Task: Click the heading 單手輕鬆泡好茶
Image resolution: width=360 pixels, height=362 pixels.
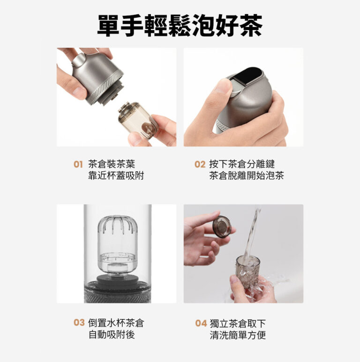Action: coord(180,25)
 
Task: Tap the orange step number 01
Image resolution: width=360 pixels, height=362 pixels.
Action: coord(78,165)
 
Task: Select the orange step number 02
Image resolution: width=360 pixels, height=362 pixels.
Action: coord(200,165)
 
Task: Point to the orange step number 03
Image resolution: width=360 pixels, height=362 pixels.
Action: coord(79,323)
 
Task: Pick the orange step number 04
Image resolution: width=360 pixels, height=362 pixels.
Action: coord(201,323)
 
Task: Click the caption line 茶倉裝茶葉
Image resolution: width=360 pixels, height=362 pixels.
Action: coord(112,164)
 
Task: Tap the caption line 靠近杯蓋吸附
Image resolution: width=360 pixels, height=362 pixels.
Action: coord(116,175)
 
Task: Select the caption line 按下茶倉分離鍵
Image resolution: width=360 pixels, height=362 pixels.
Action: coord(242,164)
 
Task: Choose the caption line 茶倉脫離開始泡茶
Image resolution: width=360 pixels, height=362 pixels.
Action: coord(247,175)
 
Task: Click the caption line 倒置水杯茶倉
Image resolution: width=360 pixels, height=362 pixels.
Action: coord(116,323)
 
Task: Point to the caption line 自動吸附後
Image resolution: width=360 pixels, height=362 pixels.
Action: coord(112,334)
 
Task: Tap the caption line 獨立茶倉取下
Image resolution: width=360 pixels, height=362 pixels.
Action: coord(238,323)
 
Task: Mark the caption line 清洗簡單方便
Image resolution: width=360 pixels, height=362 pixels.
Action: coord(238,335)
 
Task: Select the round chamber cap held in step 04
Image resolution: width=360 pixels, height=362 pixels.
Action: coord(222,226)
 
